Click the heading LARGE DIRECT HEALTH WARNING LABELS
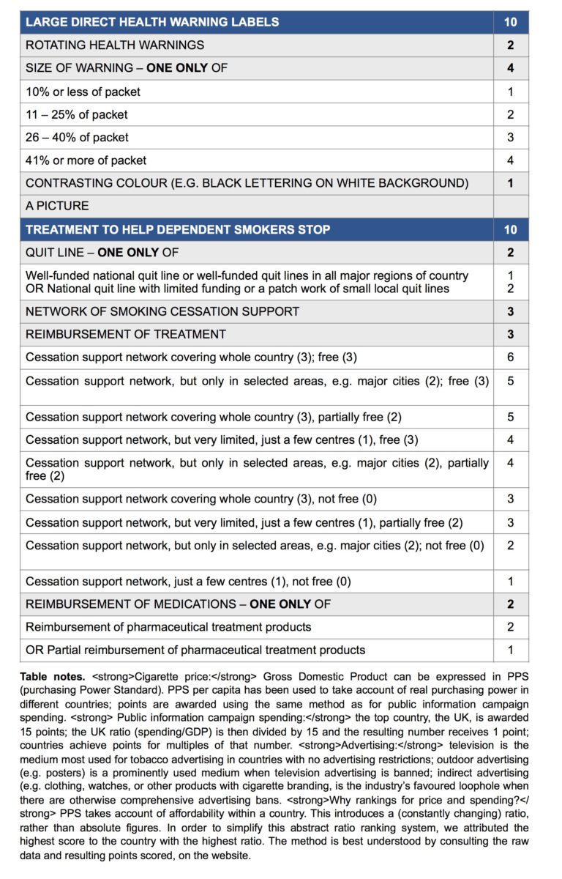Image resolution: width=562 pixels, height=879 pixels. (x=152, y=22)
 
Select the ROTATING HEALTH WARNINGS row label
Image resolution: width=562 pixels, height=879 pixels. (x=115, y=45)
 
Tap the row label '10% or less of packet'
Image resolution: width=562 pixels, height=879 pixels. (x=83, y=92)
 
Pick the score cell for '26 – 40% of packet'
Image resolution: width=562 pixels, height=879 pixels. (x=510, y=137)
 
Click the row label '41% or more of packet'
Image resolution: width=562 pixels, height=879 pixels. (x=86, y=160)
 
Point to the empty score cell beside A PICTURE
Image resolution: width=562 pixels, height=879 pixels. (x=510, y=206)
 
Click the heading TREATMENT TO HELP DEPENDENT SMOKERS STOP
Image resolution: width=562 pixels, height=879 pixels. (x=178, y=229)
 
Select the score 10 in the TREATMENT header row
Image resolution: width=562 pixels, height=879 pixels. (x=510, y=229)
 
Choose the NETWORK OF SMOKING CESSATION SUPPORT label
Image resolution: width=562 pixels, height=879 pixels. (x=162, y=311)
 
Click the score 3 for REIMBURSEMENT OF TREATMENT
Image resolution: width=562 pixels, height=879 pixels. (x=510, y=334)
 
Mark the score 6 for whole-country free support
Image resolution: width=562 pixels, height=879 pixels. (x=510, y=357)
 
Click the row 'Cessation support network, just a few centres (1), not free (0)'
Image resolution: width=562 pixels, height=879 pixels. (x=188, y=582)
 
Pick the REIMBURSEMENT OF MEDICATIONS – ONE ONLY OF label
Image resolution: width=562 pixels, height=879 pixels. (x=178, y=604)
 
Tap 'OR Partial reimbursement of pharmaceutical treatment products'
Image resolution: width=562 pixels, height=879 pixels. (x=195, y=650)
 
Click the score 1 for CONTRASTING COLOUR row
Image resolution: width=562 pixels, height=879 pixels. (x=510, y=183)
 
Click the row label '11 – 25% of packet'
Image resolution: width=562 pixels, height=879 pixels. (x=76, y=114)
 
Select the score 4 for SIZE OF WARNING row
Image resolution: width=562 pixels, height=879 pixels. (x=510, y=68)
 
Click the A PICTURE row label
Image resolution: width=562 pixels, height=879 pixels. (x=57, y=206)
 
